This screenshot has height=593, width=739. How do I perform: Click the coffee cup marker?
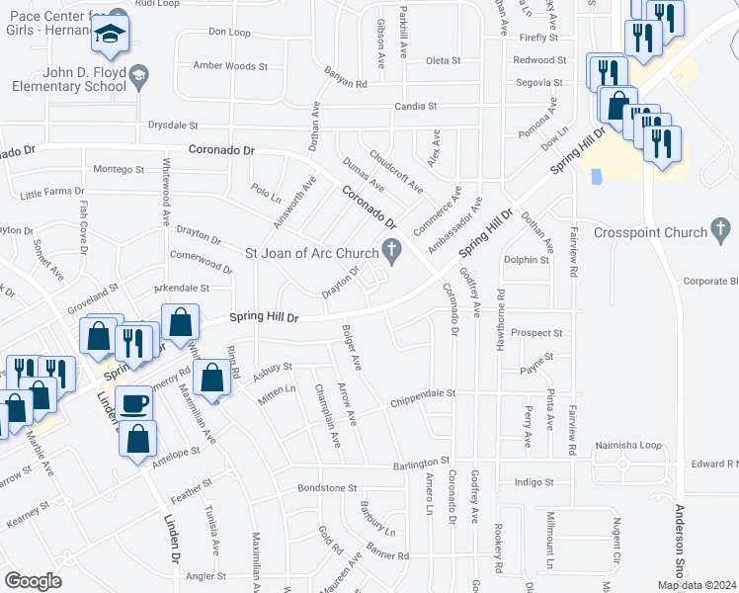coord(134,403)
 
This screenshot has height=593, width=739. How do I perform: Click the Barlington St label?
coord(418,462)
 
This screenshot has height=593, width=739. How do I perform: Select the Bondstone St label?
coord(327,488)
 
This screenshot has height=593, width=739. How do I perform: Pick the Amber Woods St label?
coord(230,66)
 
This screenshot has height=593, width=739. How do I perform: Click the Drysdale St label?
coord(173,127)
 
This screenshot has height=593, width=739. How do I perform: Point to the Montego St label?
coord(119,170)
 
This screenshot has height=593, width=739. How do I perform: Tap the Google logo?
coord(33,581)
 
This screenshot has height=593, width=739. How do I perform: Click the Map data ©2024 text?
coord(697,585)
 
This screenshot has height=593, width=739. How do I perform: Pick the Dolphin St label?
coord(526,261)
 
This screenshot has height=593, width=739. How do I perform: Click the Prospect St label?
coord(537,334)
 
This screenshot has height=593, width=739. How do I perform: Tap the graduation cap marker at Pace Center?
coord(110,36)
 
